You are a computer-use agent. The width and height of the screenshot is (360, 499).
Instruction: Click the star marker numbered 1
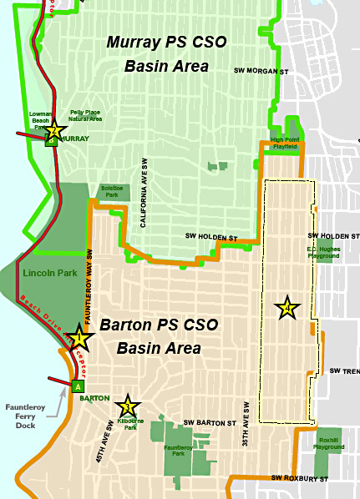79,339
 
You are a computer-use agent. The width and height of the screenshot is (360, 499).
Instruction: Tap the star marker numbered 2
54,131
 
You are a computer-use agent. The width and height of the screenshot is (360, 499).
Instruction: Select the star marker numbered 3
127,406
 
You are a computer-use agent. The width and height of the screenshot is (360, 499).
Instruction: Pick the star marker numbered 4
287,309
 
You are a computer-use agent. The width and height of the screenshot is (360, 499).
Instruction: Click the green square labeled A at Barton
79,386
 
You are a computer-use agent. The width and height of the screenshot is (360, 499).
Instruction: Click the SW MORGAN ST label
260,71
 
